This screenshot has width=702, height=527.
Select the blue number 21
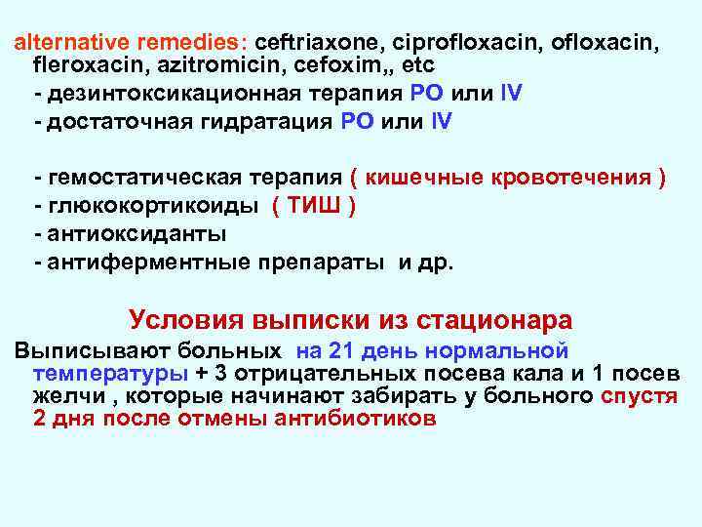point(340,350)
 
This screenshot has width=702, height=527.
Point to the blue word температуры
point(110,374)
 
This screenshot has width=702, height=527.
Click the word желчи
point(69,397)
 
